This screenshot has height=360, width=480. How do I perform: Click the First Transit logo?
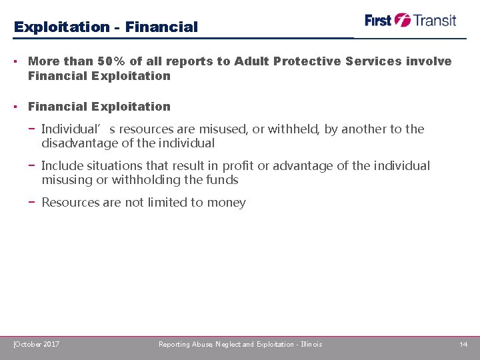click(x=410, y=20)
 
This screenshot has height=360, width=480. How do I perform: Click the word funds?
click(x=222, y=180)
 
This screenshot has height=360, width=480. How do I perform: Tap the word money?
click(x=227, y=203)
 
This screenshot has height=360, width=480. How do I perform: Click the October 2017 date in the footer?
click(x=37, y=344)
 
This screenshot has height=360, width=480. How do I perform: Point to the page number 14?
click(x=463, y=344)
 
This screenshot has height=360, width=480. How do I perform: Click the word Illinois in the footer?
click(x=311, y=344)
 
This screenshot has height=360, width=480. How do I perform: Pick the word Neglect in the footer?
click(x=228, y=344)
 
